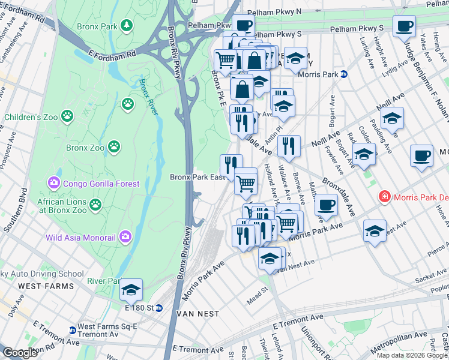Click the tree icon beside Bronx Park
pos(127,25)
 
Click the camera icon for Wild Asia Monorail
pos(125,238)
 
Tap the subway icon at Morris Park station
pos(345,74)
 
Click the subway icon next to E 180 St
pos(159,308)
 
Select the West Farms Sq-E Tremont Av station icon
pos(72,330)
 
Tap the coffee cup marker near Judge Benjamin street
pos(404,26)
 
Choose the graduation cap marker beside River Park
pos(131,290)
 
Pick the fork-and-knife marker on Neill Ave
pos(289,146)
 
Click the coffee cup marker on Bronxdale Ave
pos(326,205)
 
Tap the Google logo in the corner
pos(20,352)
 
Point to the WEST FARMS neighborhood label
pos(45,286)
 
